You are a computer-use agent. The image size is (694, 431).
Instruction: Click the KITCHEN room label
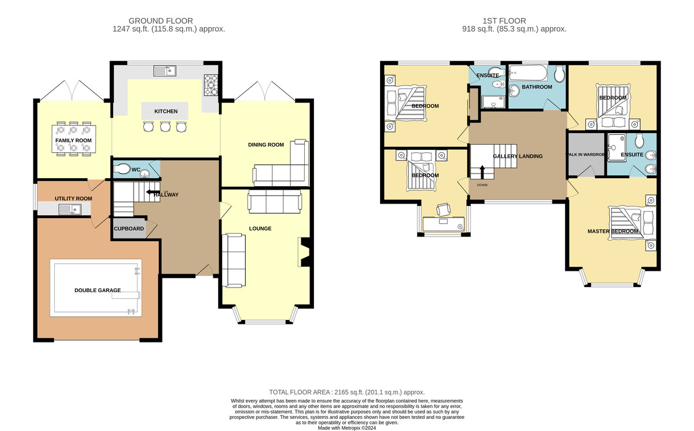pos(166,111)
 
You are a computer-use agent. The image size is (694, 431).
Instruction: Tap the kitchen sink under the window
pos(165,71)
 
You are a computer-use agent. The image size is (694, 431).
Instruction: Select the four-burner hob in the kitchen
pos(211,85)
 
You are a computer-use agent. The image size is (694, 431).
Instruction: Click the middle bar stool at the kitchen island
pos(165,127)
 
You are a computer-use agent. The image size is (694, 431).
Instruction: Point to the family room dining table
pos(73,138)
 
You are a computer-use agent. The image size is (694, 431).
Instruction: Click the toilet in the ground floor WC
pos(122,169)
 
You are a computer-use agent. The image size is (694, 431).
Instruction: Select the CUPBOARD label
pos(129,229)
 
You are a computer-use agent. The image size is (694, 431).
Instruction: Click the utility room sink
pos(70,209)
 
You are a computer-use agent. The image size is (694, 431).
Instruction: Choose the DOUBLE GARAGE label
pos(98,290)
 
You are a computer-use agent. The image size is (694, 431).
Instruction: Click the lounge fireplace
pos(304,252)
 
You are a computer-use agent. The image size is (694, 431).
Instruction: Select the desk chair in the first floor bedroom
pos(444,210)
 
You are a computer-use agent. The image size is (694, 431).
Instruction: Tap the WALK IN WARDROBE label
pos(585,154)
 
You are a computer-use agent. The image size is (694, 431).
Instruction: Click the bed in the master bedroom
pos(632,223)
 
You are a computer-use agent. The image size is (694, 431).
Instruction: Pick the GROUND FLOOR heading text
pos(161,21)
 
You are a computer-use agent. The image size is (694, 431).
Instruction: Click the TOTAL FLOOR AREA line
pos(346,392)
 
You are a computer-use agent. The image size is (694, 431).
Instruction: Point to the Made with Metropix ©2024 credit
pos(346,428)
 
